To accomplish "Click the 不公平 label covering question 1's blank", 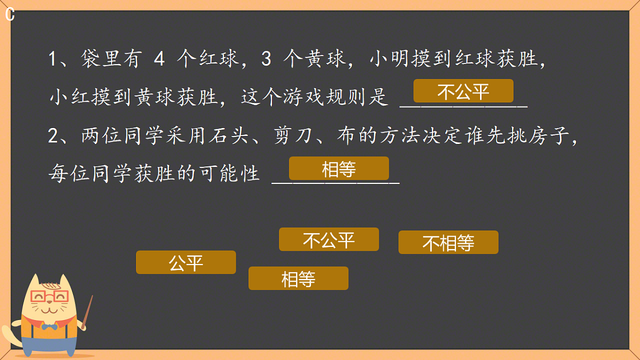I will click(x=463, y=91).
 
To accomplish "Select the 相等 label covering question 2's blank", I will click(x=339, y=169).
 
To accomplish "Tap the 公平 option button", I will click(x=186, y=262).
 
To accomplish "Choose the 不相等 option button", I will click(x=448, y=243).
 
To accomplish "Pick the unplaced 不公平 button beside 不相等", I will click(x=329, y=239).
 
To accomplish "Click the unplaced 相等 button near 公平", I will click(x=298, y=278).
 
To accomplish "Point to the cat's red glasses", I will click(x=49, y=296).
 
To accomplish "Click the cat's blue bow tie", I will click(x=50, y=326).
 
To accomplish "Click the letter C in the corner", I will click(x=10, y=15).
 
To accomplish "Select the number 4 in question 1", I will click(x=158, y=59).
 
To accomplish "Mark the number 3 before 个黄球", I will click(x=266, y=59).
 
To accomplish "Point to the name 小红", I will click(x=69, y=98).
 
